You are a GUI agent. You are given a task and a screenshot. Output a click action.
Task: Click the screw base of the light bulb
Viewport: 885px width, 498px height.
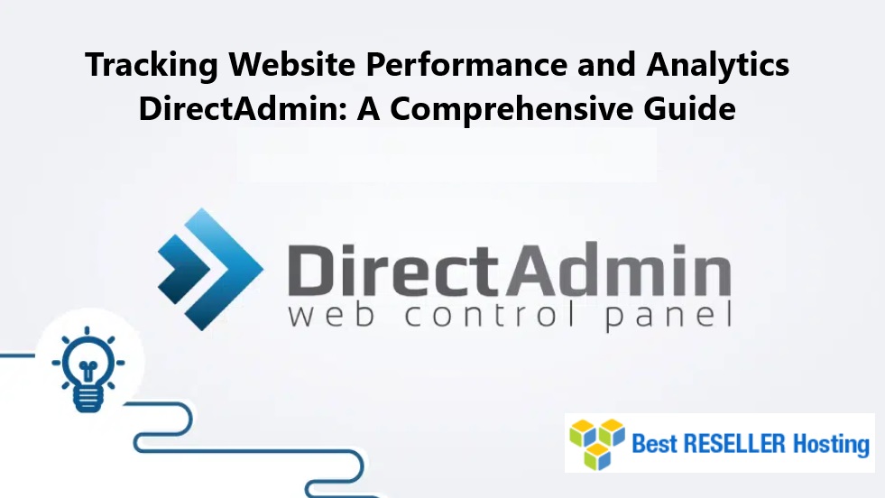[88, 397]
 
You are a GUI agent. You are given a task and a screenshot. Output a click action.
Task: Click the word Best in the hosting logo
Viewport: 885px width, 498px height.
[654, 444]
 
